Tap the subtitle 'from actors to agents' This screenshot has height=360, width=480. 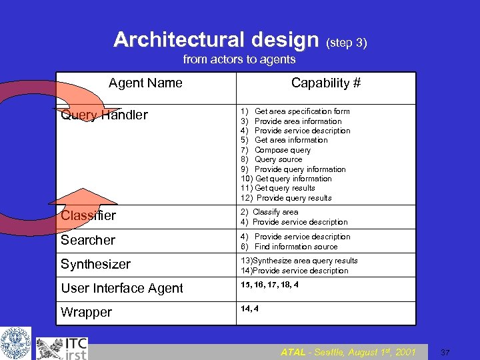click(239, 60)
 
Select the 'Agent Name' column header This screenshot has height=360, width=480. click(145, 83)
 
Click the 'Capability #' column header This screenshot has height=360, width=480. click(326, 83)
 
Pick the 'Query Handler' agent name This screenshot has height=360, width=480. click(104, 115)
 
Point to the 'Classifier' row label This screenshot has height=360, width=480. click(88, 215)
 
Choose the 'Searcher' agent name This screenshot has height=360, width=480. click(88, 240)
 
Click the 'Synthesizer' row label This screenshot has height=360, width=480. click(95, 264)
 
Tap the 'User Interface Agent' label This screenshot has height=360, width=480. click(121, 288)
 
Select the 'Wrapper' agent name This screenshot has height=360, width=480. click(86, 312)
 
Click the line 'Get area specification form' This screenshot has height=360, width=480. click(302, 111)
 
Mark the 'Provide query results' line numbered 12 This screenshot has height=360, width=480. click(293, 198)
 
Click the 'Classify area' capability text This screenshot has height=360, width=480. click(275, 212)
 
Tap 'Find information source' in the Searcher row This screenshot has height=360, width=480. click(296, 247)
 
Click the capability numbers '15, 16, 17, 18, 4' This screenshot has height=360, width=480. click(269, 285)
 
